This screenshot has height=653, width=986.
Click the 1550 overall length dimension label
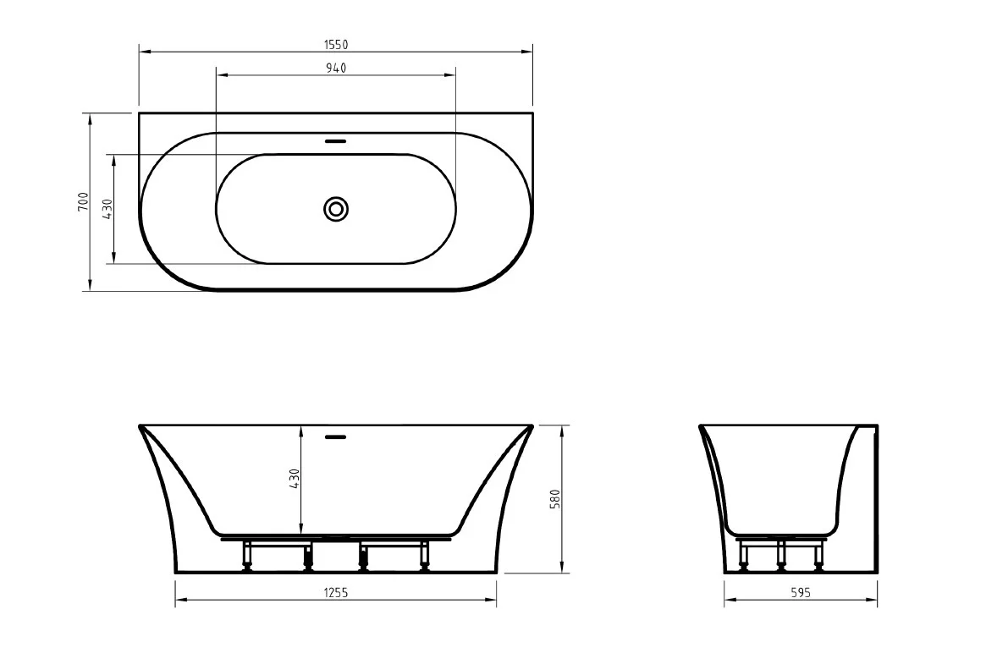pyautogui.click(x=336, y=45)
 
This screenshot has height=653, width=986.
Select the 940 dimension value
pyautogui.click(x=336, y=68)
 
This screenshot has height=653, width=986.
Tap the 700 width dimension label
pyautogui.click(x=83, y=201)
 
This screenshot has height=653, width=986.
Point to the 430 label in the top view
pyautogui.click(x=107, y=209)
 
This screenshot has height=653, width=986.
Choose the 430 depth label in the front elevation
pyautogui.click(x=295, y=480)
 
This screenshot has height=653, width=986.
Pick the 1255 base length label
pyautogui.click(x=336, y=594)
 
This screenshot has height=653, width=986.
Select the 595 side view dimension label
pyautogui.click(x=801, y=594)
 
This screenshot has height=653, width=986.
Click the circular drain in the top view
pyautogui.click(x=336, y=209)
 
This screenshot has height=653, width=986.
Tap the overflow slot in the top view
pyautogui.click(x=336, y=141)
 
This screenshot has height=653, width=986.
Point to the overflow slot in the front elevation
pyautogui.click(x=336, y=436)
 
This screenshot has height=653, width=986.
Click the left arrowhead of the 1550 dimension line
pyautogui.click(x=143, y=53)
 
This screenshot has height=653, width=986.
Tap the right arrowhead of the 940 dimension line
pyautogui.click(x=452, y=76)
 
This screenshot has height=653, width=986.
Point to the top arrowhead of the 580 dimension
pyautogui.click(x=563, y=429)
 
